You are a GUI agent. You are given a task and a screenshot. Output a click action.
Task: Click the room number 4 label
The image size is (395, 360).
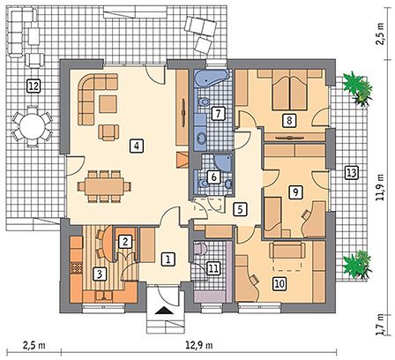pos(137,146)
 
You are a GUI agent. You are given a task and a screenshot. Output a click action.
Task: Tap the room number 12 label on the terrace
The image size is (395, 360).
pos(34,86)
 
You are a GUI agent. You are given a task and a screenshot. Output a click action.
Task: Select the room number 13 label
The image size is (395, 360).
pos(351,173)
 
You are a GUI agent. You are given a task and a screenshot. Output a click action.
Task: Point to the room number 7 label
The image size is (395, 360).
pos(218,114)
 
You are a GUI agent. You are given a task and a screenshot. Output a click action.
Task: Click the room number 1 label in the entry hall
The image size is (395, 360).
pos(168,259)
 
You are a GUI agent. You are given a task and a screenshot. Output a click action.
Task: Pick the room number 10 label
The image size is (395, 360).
pos(279,283)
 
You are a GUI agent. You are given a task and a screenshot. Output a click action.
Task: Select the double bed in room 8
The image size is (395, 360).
pos(290,89)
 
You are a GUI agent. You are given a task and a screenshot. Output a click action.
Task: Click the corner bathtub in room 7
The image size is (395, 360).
pos(211,78)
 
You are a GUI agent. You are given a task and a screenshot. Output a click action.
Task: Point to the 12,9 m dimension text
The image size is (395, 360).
pos(199,345)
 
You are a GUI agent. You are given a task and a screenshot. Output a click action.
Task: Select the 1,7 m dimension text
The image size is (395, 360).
pos(381,324)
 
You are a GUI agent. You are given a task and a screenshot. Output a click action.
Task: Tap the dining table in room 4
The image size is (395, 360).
pos(104,186)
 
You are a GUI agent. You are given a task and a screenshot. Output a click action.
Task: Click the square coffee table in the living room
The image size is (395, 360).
pos(108,104)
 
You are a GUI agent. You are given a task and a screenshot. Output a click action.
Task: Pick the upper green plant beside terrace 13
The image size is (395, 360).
pos(357,88)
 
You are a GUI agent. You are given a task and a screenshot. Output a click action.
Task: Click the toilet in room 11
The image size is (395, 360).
pos(201,248)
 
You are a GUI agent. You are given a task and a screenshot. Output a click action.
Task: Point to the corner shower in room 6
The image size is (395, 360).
pos(223,162)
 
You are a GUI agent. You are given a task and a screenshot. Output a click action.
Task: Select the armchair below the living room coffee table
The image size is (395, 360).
pos(108,132)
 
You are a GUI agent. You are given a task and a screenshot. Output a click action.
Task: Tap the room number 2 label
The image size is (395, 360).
pos(125,242)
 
